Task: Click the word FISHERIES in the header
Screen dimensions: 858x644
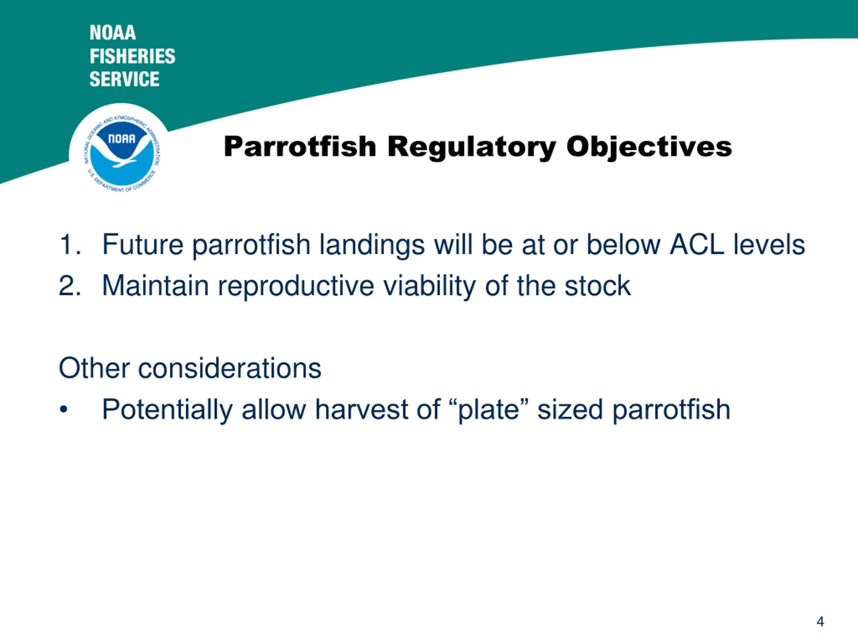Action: [x=132, y=56]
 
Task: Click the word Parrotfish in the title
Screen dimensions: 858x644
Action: [x=300, y=147]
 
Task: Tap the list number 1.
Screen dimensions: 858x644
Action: [x=70, y=245]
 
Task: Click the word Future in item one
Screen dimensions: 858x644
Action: [x=143, y=245]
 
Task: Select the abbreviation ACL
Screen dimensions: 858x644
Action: [x=697, y=245]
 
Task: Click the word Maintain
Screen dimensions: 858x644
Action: [x=156, y=285]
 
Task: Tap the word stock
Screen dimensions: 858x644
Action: [x=598, y=285]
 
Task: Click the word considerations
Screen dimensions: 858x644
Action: [x=230, y=368]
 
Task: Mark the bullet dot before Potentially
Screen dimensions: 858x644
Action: [x=64, y=410]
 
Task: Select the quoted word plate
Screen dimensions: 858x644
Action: [x=489, y=411]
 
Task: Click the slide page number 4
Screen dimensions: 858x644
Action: [x=820, y=622]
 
